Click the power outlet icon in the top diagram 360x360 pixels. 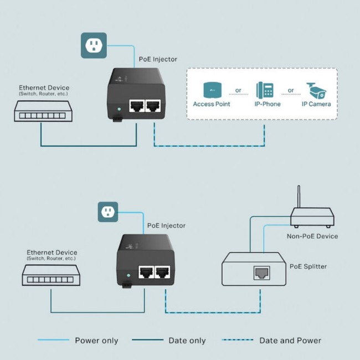click(x=94, y=45)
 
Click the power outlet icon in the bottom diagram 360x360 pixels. click(x=109, y=212)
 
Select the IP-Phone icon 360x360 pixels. click(x=264, y=90)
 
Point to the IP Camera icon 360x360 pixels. click(x=316, y=90)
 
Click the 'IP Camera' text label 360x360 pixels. click(x=316, y=104)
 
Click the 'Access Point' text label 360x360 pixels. click(x=212, y=104)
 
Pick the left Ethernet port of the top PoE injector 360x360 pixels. click(x=136, y=106)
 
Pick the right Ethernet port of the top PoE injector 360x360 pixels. click(x=152, y=106)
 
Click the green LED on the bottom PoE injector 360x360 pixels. click(x=128, y=274)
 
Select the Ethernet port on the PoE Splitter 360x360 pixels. click(x=261, y=272)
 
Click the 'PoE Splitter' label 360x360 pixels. click(x=308, y=266)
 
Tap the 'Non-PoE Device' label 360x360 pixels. click(x=312, y=236)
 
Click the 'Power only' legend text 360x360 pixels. click(x=96, y=341)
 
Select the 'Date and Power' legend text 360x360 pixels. click(x=290, y=341)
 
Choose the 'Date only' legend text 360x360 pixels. click(x=187, y=341)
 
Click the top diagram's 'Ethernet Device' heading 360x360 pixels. click(x=44, y=88)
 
